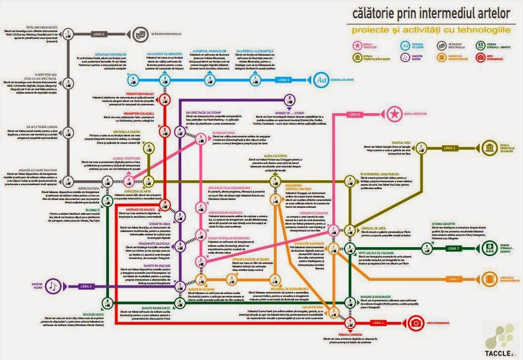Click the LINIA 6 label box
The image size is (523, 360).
tap(99, 34)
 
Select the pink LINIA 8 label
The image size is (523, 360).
tap(355, 114)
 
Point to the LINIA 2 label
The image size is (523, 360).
tap(450, 148)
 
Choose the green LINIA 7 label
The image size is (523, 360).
tap(454, 248)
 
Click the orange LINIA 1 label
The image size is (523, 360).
tap(454, 279)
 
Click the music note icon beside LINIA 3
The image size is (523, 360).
tap(55, 286)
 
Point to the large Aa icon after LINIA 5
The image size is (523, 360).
tap(322, 79)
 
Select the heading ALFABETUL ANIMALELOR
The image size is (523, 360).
tap(211, 51)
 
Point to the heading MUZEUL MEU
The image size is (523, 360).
tap(401, 142)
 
